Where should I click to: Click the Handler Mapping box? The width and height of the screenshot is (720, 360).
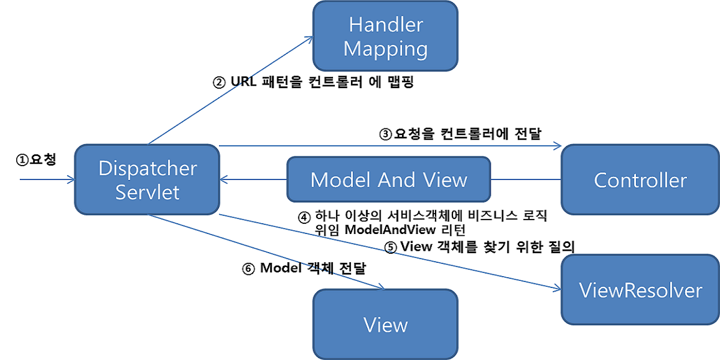tap(385, 37)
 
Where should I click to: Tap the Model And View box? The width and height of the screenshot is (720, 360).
tap(388, 179)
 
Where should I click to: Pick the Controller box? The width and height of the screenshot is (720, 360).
tap(640, 179)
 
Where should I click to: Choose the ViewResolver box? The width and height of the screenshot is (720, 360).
tap(640, 290)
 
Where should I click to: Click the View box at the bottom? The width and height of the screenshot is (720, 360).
tap(385, 325)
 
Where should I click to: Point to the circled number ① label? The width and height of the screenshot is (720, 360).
tap(22, 160)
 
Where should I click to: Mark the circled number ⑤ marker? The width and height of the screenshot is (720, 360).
tap(391, 247)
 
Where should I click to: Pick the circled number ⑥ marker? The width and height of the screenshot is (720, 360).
tap(248, 269)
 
